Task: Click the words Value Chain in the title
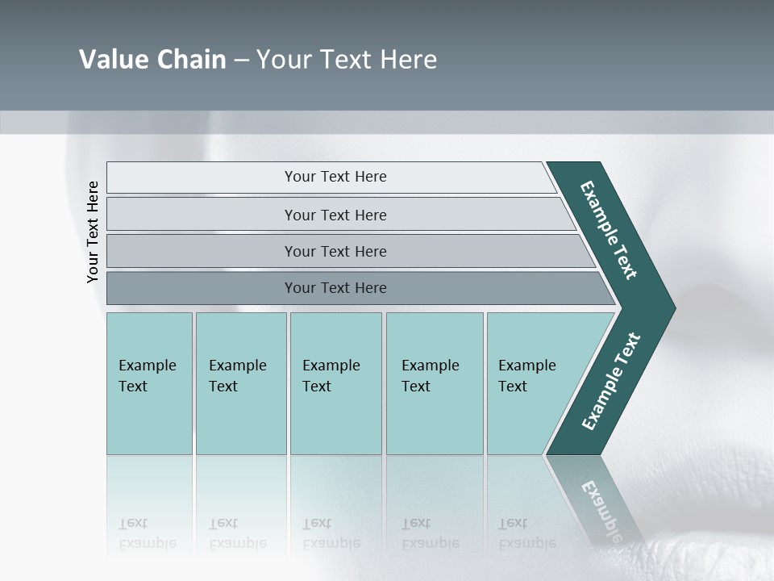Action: point(152,60)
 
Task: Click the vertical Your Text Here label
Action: point(93,232)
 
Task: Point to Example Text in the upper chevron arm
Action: point(609,230)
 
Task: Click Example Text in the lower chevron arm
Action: point(611,382)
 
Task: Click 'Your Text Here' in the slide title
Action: point(347,60)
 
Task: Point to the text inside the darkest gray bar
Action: point(335,288)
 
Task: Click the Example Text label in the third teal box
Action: point(331,376)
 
